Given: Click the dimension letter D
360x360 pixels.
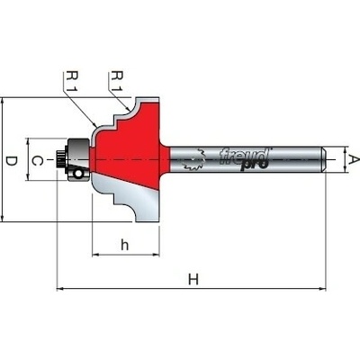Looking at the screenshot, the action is click(11, 162).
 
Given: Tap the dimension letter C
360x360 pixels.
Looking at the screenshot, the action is click(38, 161).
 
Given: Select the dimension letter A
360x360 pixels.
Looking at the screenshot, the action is click(355, 160).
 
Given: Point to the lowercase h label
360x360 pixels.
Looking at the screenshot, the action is click(124, 245).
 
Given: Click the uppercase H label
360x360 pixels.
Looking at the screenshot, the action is click(193, 280).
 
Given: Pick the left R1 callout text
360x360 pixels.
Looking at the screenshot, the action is click(73, 81).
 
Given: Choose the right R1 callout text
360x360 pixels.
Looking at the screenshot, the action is click(117, 81).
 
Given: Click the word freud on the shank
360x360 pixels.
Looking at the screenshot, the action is click(244, 156).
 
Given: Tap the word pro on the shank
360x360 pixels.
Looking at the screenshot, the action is click(254, 165).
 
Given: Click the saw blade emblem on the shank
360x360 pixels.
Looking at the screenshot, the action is click(193, 160).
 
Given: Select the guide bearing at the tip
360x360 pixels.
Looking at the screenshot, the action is click(78, 159).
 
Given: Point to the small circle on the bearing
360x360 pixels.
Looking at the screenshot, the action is click(78, 173).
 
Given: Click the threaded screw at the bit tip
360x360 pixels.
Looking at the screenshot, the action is click(61, 159).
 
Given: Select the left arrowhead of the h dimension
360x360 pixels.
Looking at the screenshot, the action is click(95, 255).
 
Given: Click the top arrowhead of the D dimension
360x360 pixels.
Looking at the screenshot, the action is click(3, 102).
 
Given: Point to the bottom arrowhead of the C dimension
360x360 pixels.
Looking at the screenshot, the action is click(28, 177).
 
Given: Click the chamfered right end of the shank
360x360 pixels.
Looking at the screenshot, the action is click(324, 159).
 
